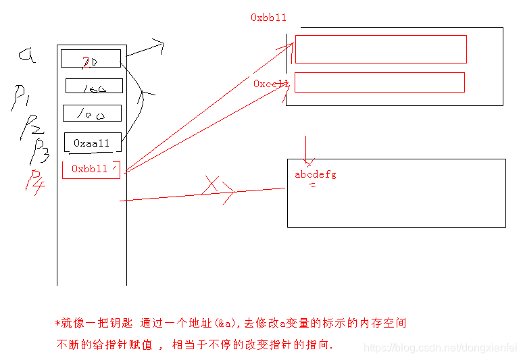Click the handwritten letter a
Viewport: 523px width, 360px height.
(27, 56)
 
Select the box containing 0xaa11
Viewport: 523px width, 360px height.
(92, 143)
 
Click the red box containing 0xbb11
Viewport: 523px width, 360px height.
(91, 170)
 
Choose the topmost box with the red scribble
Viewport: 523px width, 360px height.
(91, 59)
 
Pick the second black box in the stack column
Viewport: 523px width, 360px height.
(94, 86)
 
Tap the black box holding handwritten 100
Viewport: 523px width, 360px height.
(92, 113)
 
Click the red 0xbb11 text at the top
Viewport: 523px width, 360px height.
(268, 18)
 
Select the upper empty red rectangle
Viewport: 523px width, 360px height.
(380, 49)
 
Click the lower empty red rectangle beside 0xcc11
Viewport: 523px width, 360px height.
(380, 82)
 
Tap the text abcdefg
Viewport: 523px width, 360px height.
(315, 175)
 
